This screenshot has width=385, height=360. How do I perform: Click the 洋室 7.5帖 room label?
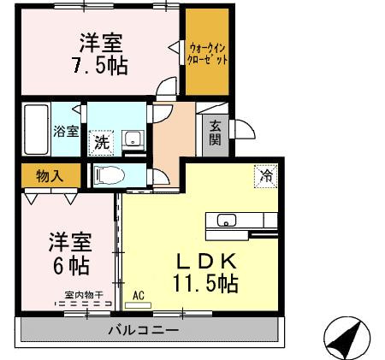pyautogui.click(x=101, y=53)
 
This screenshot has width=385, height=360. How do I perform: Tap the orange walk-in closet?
pyautogui.click(x=208, y=54)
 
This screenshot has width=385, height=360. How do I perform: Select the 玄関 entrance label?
pyautogui.click(x=216, y=133)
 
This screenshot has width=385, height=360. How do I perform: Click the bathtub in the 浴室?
pyautogui.click(x=37, y=128)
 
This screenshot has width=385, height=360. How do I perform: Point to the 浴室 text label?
pyautogui.click(x=66, y=132)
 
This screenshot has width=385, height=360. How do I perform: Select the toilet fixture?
pyautogui.click(x=111, y=174)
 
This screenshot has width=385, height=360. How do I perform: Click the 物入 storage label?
pyautogui.click(x=48, y=174)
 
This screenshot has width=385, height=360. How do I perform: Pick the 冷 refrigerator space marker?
pyautogui.click(x=267, y=177)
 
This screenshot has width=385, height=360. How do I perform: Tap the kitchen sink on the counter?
pyautogui.click(x=228, y=221)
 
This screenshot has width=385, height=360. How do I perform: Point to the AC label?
pyautogui.click(x=139, y=295)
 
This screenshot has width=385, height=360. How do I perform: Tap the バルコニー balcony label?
pyautogui.click(x=143, y=330)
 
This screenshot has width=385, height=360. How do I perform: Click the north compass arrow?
pyautogui.click(x=345, y=339)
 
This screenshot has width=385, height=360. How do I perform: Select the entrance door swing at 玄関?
pyautogui.click(x=243, y=130)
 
